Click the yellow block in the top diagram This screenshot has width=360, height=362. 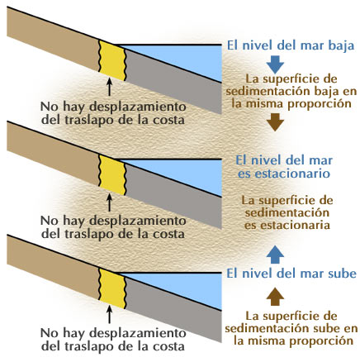click(x=112, y=60)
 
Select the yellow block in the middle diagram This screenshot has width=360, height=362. click(x=112, y=175)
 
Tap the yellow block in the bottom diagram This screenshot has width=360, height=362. click(x=112, y=288)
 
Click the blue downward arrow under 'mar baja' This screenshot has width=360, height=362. click(x=275, y=64)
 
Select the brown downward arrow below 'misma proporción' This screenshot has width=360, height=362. click(x=275, y=122)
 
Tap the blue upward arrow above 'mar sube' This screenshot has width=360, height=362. click(x=275, y=255)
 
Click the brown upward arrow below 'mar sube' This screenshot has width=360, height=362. click(x=275, y=297)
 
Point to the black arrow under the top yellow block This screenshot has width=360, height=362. click(x=110, y=87)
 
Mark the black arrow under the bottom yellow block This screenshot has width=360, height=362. click(x=110, y=314)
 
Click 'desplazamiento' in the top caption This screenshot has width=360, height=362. click(x=138, y=107)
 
